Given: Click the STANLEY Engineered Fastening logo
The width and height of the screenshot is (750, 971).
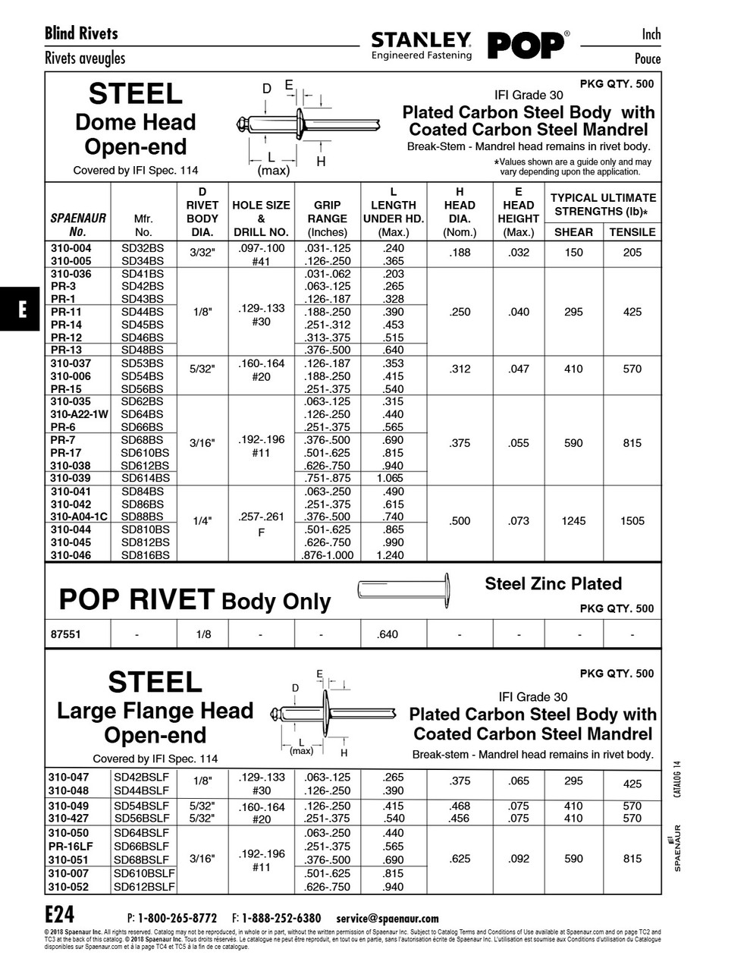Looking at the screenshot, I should click(421, 45).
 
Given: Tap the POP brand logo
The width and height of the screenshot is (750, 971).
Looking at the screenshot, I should click(526, 45).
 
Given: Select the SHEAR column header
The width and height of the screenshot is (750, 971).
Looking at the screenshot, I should click(573, 232).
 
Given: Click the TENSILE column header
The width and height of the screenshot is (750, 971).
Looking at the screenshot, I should click(632, 232).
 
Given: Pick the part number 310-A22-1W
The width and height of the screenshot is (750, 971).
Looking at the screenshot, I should click(79, 414).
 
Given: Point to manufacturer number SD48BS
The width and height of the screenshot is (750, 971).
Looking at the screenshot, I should click(143, 350).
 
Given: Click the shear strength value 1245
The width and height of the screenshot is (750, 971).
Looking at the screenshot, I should click(573, 521).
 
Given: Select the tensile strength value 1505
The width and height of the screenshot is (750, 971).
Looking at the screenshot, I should click(632, 521).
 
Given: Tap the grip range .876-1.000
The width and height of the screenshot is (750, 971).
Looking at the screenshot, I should click(328, 555).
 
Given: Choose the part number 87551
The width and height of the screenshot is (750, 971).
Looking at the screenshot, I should click(66, 634).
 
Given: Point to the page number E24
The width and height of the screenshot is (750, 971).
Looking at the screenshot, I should click(59, 913).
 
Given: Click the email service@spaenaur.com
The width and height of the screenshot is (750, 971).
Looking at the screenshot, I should click(387, 918).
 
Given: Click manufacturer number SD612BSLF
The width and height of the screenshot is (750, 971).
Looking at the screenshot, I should click(144, 887).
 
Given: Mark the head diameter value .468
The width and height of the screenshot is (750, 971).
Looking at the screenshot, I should click(460, 806).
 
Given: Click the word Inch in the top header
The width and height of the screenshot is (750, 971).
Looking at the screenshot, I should click(651, 34).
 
